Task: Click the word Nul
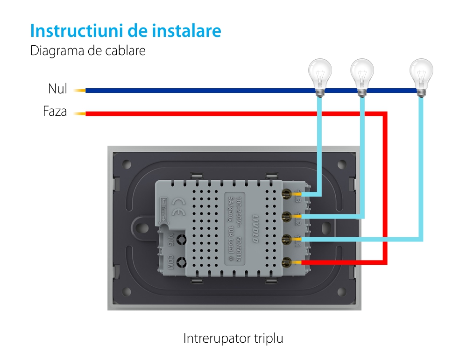(x=57, y=89)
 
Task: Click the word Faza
(x=55, y=112)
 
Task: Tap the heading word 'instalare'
(x=187, y=31)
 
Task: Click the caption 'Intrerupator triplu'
(x=233, y=338)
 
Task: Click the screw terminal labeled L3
(x=286, y=193)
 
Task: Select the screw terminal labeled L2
(x=286, y=216)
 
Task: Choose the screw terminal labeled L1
(x=286, y=240)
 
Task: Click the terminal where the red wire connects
(x=286, y=263)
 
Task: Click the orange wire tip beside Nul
(x=79, y=91)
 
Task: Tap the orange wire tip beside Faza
(x=79, y=113)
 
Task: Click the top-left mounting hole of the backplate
(x=127, y=164)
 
